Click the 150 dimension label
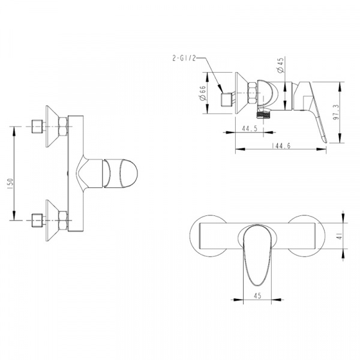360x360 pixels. coord(11,184)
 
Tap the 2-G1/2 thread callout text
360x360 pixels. coord(184,58)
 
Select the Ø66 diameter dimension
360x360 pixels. coord(203,93)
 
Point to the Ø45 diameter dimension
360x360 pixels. coord(281,65)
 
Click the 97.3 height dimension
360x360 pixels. coord(336,112)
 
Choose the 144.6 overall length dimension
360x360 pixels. coord(281,146)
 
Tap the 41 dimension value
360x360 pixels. coord(340,236)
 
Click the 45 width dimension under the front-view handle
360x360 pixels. coord(257,295)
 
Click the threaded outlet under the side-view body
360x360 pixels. coord(263,114)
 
